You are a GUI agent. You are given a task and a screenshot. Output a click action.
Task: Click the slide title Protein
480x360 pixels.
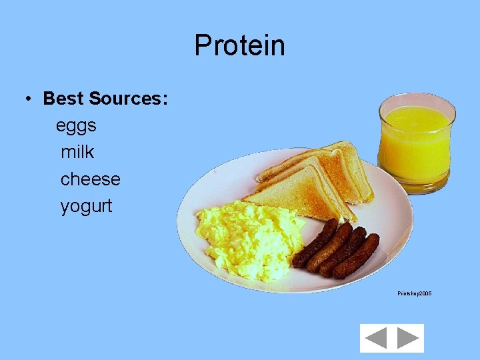239,46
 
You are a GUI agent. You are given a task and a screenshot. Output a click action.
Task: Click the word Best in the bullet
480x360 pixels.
63,99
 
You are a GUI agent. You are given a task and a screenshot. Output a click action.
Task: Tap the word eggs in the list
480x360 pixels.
76,125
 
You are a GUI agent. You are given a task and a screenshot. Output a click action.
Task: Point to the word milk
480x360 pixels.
77,152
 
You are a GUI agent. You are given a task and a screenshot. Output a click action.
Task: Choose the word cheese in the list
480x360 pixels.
90,179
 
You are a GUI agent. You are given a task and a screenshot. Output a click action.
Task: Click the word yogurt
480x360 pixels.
87,206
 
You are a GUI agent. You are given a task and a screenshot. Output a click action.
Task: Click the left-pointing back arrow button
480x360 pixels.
376,338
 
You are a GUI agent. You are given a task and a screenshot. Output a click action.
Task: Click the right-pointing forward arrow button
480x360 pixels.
407,338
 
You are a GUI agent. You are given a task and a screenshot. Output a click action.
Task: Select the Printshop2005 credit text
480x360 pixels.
414,293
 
